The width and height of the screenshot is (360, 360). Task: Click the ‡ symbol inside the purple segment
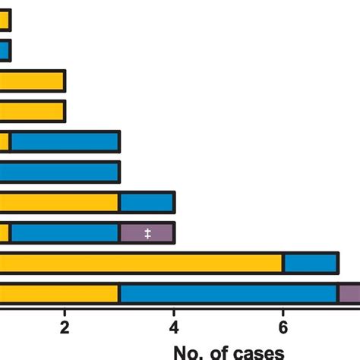(147, 233)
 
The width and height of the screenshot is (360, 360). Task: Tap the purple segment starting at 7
(349, 294)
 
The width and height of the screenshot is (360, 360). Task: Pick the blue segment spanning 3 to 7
(228, 294)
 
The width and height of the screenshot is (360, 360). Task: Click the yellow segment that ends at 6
(141, 264)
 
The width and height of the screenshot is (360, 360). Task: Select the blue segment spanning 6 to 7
(311, 264)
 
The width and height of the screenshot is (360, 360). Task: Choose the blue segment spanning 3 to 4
(147, 203)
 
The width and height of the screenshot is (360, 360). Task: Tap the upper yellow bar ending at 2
(32, 81)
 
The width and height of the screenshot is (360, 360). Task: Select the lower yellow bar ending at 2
(32, 112)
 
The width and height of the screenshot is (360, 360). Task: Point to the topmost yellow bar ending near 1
(5, 21)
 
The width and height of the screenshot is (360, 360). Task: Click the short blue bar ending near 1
(5, 51)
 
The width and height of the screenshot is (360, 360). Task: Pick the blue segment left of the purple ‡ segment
(65, 233)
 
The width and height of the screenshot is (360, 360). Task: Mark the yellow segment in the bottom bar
(58, 294)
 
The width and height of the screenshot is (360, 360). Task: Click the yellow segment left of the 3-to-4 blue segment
(58, 203)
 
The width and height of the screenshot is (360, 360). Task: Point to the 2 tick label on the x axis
(65, 329)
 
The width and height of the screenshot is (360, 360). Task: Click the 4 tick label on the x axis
(174, 329)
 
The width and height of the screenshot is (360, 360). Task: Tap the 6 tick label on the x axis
(283, 329)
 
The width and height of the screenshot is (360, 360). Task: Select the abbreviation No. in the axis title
(189, 353)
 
